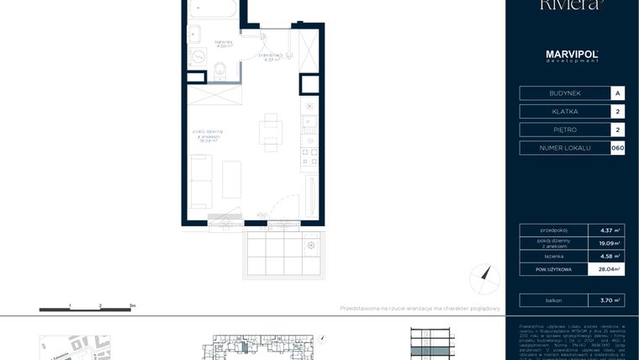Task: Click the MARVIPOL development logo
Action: [572, 56]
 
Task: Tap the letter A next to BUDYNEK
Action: [618, 93]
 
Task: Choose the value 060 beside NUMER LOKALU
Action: [618, 148]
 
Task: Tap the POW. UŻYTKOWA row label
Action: [552, 269]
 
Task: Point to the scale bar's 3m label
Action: [132, 306]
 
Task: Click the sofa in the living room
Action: [200, 181]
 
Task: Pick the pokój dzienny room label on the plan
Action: [207, 136]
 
